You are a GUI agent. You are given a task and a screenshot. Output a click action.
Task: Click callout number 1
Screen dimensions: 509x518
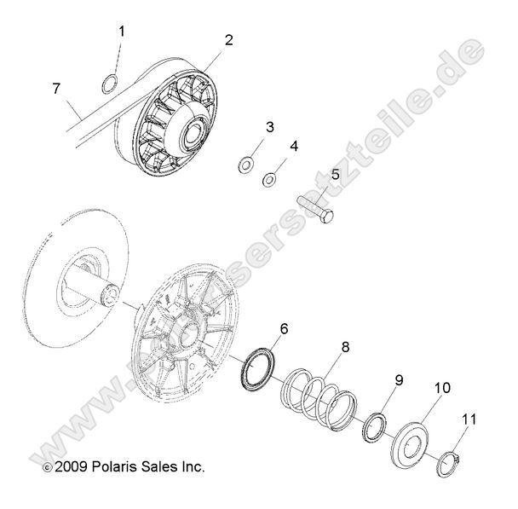coord(121,32)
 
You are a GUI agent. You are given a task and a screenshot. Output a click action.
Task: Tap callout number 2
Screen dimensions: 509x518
coord(228,39)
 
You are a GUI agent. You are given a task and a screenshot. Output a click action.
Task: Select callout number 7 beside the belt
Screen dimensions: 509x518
coord(57,88)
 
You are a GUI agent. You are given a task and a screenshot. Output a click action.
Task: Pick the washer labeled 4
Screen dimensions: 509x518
coord(270,179)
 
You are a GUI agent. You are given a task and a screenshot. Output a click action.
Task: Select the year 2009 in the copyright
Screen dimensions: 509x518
coord(69,467)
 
